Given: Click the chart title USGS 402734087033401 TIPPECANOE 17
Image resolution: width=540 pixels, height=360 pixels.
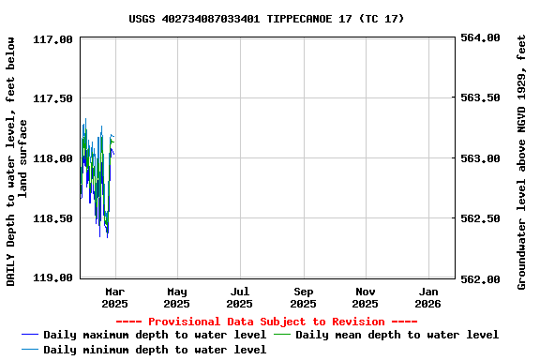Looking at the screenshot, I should pyautogui.click(x=266, y=18).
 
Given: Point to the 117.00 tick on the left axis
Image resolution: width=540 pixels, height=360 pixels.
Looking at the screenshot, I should pyautogui.click(x=52, y=39).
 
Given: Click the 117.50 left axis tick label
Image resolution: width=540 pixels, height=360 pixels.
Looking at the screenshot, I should pyautogui.click(x=52, y=98).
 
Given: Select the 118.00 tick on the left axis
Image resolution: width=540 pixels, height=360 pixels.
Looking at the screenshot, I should pyautogui.click(x=52, y=158).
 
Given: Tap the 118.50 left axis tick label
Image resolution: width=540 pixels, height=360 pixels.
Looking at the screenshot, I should pyautogui.click(x=52, y=218).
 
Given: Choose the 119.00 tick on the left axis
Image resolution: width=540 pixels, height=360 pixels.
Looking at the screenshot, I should pyautogui.click(x=52, y=277).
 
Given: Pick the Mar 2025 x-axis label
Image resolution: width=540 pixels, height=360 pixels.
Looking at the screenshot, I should pyautogui.click(x=114, y=297).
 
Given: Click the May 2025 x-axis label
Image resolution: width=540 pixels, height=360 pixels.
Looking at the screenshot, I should pyautogui.click(x=177, y=297).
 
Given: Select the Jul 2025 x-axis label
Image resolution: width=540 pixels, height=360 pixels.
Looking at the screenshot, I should pyautogui.click(x=240, y=297).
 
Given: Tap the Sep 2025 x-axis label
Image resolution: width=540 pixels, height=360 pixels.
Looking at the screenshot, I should pyautogui.click(x=303, y=297).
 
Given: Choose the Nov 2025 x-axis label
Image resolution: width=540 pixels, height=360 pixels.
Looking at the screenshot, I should pyautogui.click(x=366, y=297).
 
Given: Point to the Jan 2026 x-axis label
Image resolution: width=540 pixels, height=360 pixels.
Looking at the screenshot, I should pyautogui.click(x=427, y=297).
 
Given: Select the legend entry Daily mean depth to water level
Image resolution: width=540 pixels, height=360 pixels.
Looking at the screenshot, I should pyautogui.click(x=397, y=335).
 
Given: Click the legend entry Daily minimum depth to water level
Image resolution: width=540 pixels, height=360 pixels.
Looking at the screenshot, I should pyautogui.click(x=155, y=350).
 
